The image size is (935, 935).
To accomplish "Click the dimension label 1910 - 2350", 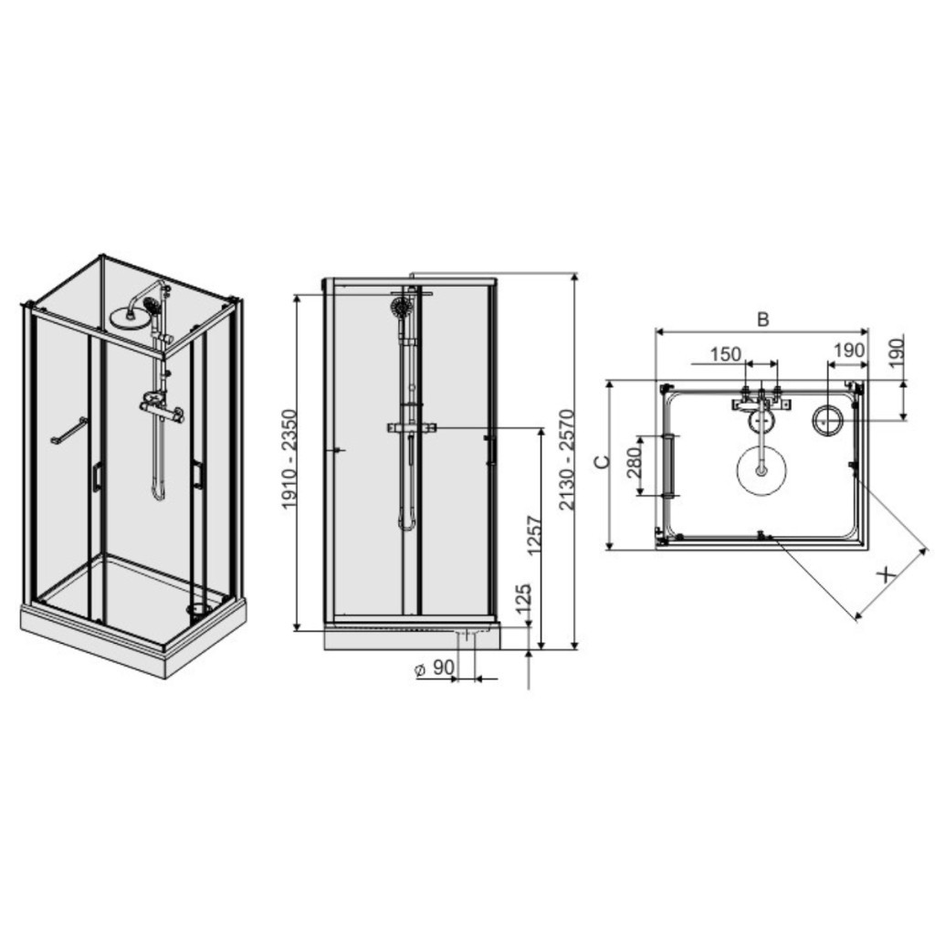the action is tap(289, 458).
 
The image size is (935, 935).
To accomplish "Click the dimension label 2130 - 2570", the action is tap(567, 459).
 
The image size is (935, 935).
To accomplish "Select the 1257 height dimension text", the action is tap(535, 535).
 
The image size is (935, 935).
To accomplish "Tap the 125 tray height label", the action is tap(523, 599).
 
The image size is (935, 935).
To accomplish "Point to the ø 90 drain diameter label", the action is tap(435, 668).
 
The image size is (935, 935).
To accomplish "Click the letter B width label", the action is tap(762, 320).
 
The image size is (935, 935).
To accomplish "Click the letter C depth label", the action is tap(603, 461).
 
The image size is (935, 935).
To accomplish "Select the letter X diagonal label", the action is tap(888, 575).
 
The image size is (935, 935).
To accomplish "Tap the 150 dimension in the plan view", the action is tap(726, 354).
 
